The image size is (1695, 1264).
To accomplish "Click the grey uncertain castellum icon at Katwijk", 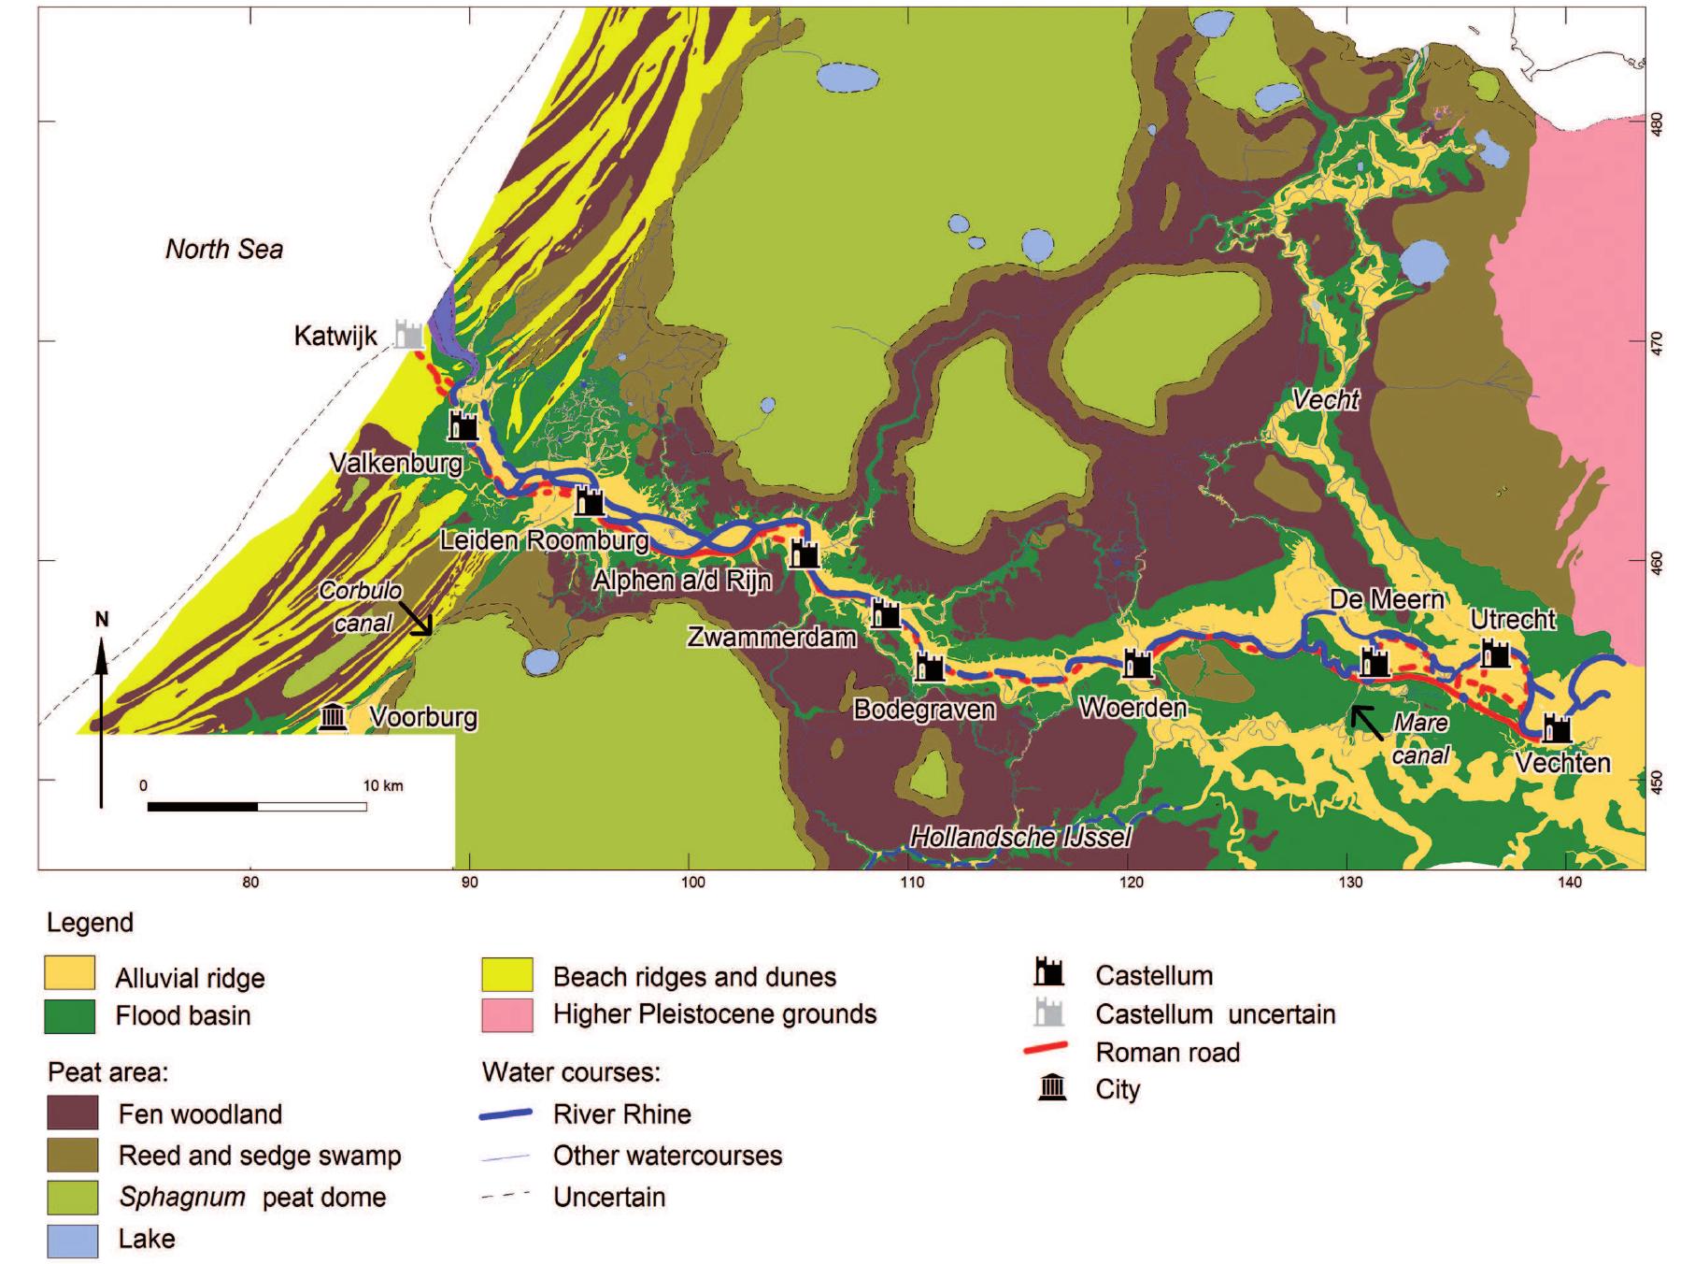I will pos(408,334).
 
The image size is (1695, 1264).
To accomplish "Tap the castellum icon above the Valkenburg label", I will pos(463,425).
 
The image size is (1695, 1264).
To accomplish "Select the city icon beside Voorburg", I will pos(333,717).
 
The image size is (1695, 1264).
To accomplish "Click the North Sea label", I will pos(224,249).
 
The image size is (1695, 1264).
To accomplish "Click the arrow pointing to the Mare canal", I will pos(1365,722).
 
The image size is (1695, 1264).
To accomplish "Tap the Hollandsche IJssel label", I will pos(1020,837).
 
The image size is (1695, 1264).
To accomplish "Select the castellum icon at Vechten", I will pos(1557,728).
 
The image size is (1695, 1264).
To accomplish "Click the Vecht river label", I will pos(1325,399).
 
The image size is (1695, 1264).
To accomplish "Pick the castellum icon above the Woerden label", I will pos(1137,664).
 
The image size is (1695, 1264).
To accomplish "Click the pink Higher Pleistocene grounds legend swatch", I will pos(507,1014).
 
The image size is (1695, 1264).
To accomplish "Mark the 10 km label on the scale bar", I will pos(383,785).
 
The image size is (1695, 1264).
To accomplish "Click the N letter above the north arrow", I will pos(102,620).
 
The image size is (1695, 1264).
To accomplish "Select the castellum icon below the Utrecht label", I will pos(1495,654).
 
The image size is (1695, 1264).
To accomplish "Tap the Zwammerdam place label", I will pos(771,638).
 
